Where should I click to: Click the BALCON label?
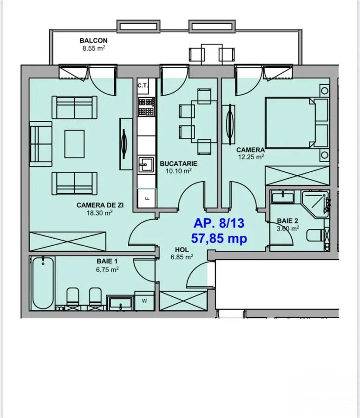(93, 40)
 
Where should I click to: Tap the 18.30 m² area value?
(99, 213)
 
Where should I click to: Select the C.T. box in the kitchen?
(143, 86)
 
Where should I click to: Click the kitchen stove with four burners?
(146, 107)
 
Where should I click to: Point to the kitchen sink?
(146, 164)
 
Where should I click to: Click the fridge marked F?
(146, 198)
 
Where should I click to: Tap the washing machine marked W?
(144, 300)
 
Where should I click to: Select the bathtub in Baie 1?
(43, 283)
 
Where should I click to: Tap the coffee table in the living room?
(74, 144)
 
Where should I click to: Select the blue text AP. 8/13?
(219, 223)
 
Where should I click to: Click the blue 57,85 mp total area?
(219, 238)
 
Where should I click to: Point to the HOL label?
(182, 250)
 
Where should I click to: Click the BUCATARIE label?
(178, 163)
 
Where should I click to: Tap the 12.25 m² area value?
(251, 157)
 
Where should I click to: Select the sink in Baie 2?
(283, 198)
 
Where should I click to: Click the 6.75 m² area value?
(107, 269)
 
